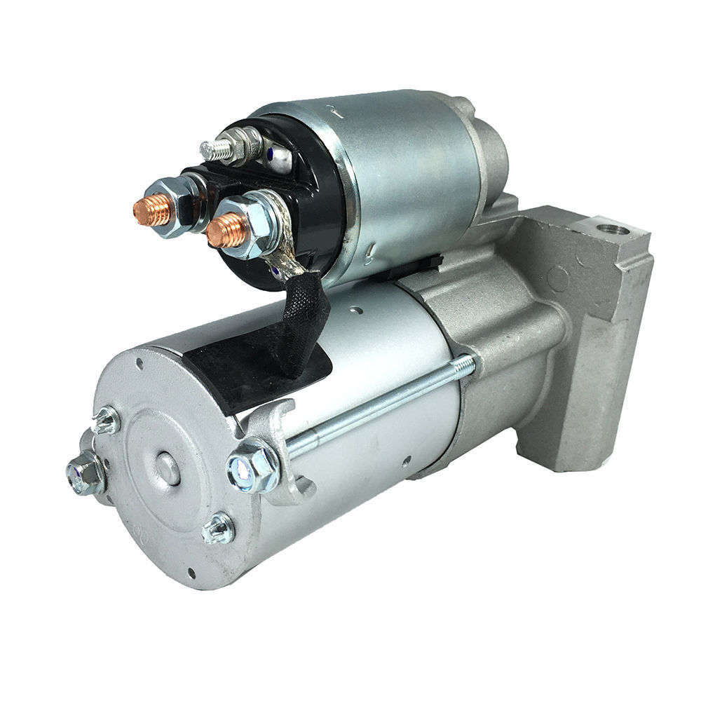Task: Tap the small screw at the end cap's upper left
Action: point(106,420)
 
